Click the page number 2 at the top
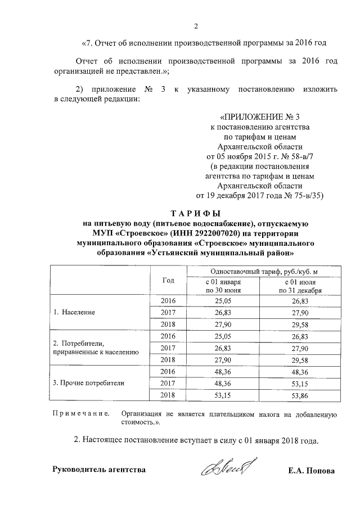pos(196,26)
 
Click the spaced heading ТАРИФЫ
pos(196,213)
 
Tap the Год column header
pos(168,280)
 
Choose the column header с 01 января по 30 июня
pos(223,285)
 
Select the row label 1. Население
pos(74,312)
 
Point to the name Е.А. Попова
pos(311,471)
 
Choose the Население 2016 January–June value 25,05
pos(223,301)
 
